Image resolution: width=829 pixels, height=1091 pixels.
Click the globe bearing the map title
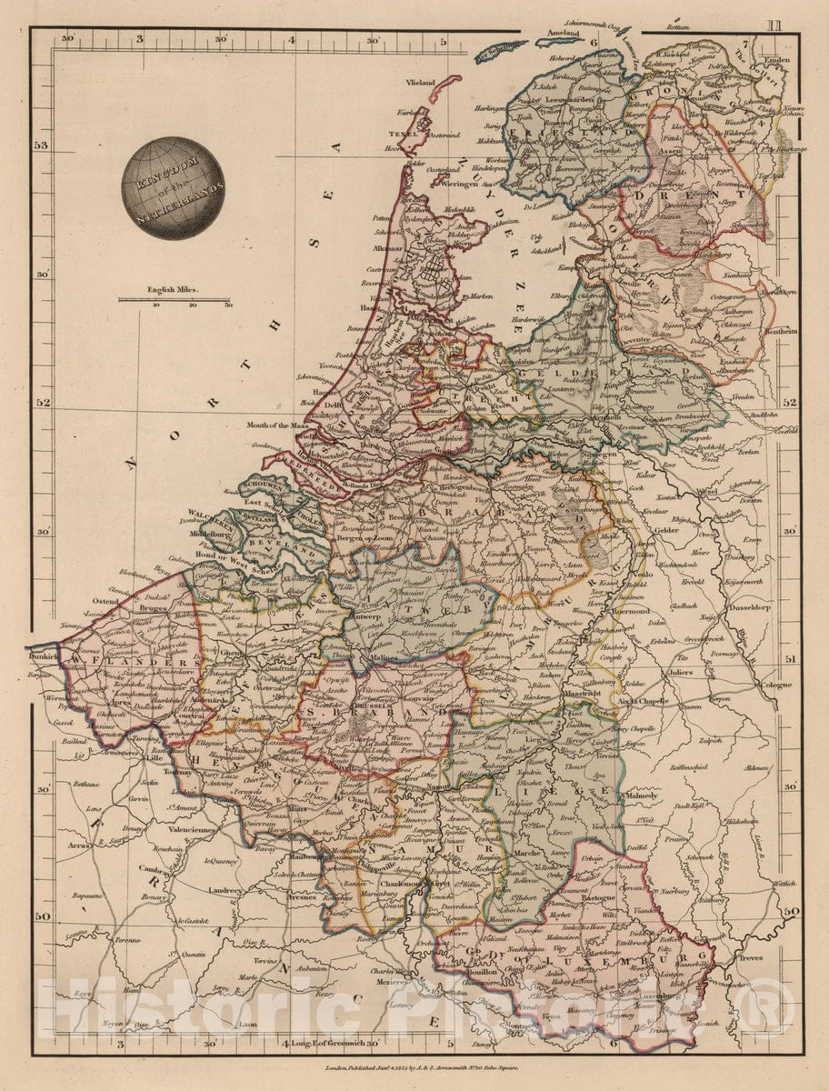point(173,187)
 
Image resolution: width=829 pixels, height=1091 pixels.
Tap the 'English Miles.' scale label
point(175,292)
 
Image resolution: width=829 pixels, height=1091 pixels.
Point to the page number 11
point(773,25)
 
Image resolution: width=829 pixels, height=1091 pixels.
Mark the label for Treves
point(750,957)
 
